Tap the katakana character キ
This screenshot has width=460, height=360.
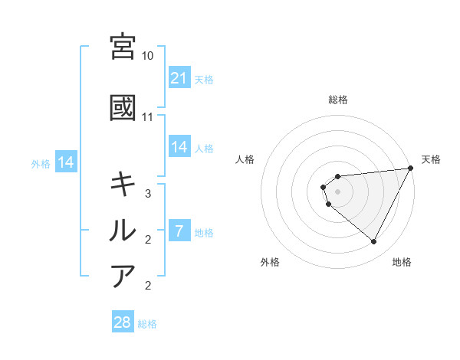123,184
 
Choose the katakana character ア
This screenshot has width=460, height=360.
123,276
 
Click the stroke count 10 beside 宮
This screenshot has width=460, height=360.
148,56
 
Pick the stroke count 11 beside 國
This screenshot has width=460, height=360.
148,117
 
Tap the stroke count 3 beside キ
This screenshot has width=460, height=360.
148,194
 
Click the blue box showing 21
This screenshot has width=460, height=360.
179,78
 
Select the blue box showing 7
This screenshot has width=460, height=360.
179,231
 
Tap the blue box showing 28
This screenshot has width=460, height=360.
123,322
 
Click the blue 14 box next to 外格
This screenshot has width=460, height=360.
66,162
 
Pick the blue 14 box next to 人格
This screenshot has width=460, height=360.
179,147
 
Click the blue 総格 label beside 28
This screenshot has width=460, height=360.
147,324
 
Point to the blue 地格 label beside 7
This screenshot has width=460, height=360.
204,233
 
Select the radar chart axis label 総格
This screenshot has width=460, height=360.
337,100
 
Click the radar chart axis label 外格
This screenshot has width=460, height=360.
270,263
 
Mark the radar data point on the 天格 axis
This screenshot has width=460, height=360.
411,168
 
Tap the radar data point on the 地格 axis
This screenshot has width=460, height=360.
374,242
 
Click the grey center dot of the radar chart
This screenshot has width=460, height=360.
337,191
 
